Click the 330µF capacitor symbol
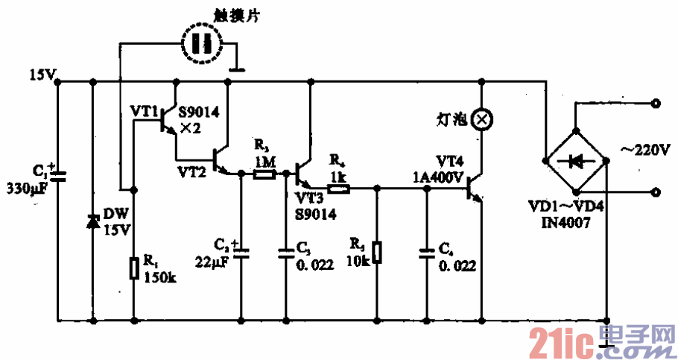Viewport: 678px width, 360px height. (59, 176)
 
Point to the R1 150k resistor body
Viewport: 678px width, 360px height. (133, 268)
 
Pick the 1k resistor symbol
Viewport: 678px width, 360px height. (338, 189)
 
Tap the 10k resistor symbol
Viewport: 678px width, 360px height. (377, 252)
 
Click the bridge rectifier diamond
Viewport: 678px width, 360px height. (576, 160)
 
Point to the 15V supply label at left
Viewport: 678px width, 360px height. (39, 75)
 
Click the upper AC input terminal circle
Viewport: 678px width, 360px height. (656, 104)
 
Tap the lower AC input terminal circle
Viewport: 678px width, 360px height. (656, 192)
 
